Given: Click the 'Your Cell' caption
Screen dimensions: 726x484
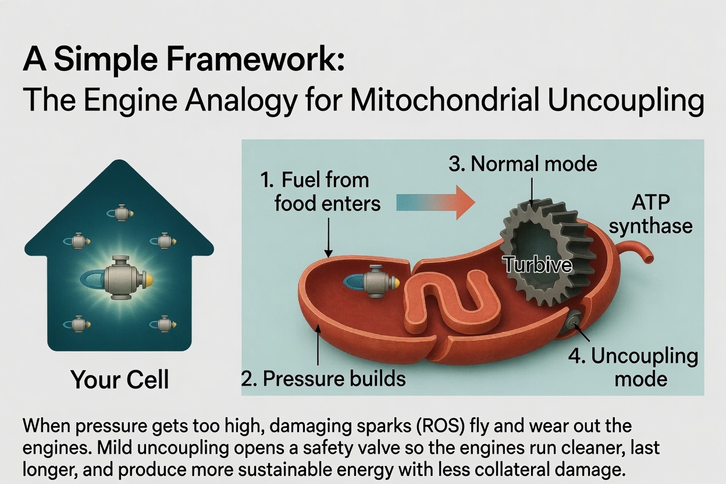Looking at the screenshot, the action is pyautogui.click(x=120, y=379).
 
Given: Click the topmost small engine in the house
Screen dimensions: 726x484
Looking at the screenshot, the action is pyautogui.click(x=120, y=213).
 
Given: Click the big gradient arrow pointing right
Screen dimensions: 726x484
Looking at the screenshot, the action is pyautogui.click(x=436, y=202).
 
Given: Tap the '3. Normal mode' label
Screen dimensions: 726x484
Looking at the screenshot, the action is pyautogui.click(x=523, y=163).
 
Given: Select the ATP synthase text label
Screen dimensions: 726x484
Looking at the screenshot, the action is pyautogui.click(x=650, y=214).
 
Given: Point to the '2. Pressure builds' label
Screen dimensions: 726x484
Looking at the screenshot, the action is pyautogui.click(x=323, y=378).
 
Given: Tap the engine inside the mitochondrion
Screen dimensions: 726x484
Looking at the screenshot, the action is pyautogui.click(x=371, y=281).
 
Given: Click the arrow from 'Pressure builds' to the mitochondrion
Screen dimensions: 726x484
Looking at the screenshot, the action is pyautogui.click(x=318, y=345).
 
